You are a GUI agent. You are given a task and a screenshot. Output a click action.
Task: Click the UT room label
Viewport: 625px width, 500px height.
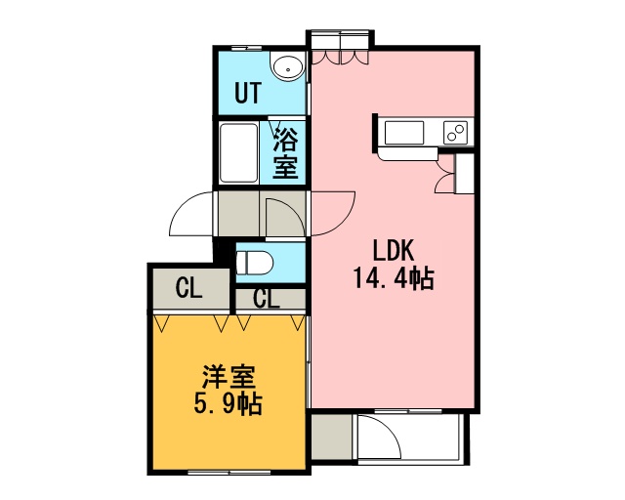point(248,93)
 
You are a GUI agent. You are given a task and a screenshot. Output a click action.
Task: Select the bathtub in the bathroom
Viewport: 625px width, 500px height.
point(238,152)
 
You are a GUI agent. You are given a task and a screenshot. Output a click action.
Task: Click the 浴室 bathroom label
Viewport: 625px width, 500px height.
point(285,152)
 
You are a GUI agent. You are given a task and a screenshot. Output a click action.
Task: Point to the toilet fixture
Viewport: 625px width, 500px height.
point(254,263)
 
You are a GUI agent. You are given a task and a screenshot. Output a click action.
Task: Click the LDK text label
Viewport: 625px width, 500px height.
point(393,251)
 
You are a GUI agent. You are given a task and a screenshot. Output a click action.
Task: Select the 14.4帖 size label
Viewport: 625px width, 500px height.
point(394,278)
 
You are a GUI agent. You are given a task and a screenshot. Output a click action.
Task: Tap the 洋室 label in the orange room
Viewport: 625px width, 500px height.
point(229,377)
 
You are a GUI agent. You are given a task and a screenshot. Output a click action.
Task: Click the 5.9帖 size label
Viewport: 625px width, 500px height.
point(228,404)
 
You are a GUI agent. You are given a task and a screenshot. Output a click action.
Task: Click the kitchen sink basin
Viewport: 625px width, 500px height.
point(403,133)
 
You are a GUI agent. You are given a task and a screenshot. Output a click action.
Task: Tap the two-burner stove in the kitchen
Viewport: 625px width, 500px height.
point(456,133)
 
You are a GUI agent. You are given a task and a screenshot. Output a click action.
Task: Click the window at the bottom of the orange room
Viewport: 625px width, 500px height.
point(229,473)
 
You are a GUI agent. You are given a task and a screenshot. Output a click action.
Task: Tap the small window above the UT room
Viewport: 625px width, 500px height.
point(247,48)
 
